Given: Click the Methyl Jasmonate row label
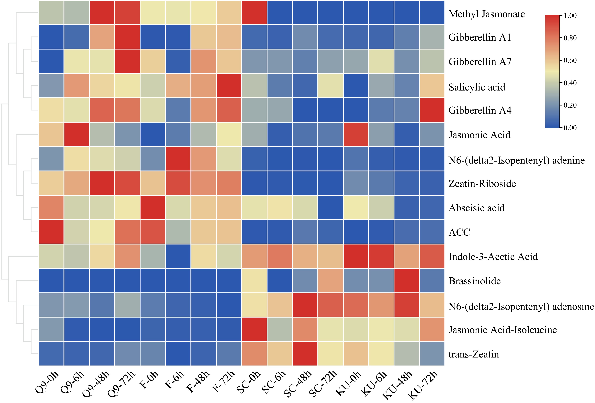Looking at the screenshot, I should pyautogui.click(x=487, y=14).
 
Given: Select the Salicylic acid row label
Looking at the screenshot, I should pyautogui.click(x=477, y=87).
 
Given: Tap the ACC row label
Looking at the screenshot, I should pyautogui.click(x=459, y=232).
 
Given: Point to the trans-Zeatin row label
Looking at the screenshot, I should pyautogui.click(x=474, y=354).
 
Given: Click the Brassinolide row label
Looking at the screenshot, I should pyautogui.click(x=474, y=281).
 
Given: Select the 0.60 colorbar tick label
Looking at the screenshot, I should pyautogui.click(x=570, y=60).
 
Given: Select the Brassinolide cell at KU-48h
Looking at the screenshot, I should pyautogui.click(x=407, y=281).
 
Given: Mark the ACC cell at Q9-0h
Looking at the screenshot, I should pyautogui.click(x=51, y=232).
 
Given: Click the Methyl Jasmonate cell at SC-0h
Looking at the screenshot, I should pyautogui.click(x=254, y=13).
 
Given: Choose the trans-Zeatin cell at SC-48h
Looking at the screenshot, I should pyautogui.click(x=305, y=354).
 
